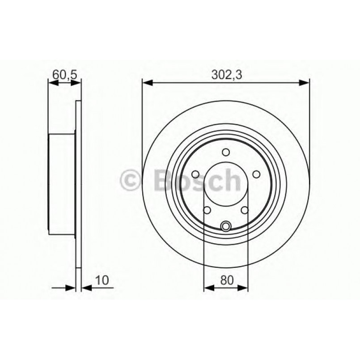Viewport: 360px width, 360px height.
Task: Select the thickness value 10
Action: [102, 280]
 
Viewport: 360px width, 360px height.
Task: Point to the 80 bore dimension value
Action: [226, 280]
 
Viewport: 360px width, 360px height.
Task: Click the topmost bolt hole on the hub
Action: [226, 152]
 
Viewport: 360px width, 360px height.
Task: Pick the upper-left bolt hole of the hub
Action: [195, 174]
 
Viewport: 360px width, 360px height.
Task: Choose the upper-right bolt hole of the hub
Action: [256, 174]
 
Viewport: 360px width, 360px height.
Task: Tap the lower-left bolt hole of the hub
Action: [207, 210]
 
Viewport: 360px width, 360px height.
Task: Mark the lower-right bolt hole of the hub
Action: [245, 210]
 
